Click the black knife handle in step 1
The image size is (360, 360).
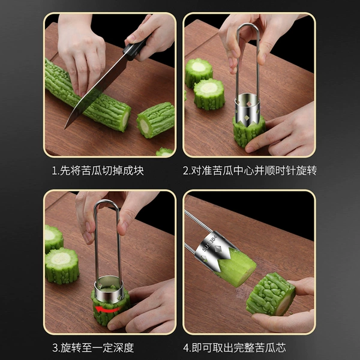pyautogui.click(x=136, y=49)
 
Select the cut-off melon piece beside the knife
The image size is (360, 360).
pyautogui.click(x=156, y=120)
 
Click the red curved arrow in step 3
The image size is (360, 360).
pyautogui.click(x=106, y=309)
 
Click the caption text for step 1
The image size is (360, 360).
pyautogui.click(x=98, y=170)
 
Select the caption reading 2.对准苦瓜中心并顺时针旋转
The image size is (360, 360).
pyautogui.click(x=250, y=170)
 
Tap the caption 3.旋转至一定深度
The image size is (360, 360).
pyautogui.click(x=93, y=348)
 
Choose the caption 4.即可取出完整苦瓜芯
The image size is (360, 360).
pyautogui.click(x=235, y=348)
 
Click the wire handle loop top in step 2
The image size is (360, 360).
pyautogui.click(x=248, y=25)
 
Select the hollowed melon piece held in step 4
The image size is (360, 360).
pyautogui.click(x=271, y=294)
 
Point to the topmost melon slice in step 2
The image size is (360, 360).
pyautogui.click(x=199, y=73)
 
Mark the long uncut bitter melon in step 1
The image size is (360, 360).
pyautogui.click(x=86, y=96)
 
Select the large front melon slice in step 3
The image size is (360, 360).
pyautogui.click(x=62, y=265)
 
